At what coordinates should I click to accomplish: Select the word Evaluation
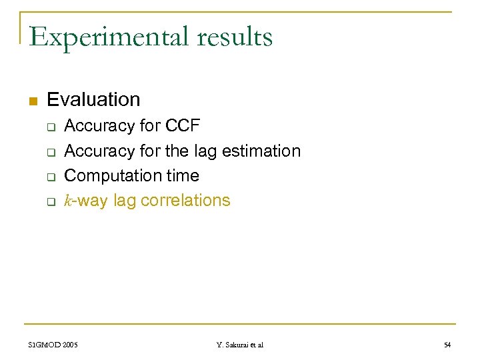[93, 100]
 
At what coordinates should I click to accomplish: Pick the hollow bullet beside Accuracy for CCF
[50, 127]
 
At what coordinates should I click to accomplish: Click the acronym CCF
[182, 126]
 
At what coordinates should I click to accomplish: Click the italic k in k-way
[67, 201]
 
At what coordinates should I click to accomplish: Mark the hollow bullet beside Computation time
[50, 177]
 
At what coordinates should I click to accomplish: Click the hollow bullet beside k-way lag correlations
[50, 202]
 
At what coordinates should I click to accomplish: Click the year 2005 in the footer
[69, 345]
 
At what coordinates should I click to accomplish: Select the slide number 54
[448, 345]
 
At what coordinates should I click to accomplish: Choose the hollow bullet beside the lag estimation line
[50, 152]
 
